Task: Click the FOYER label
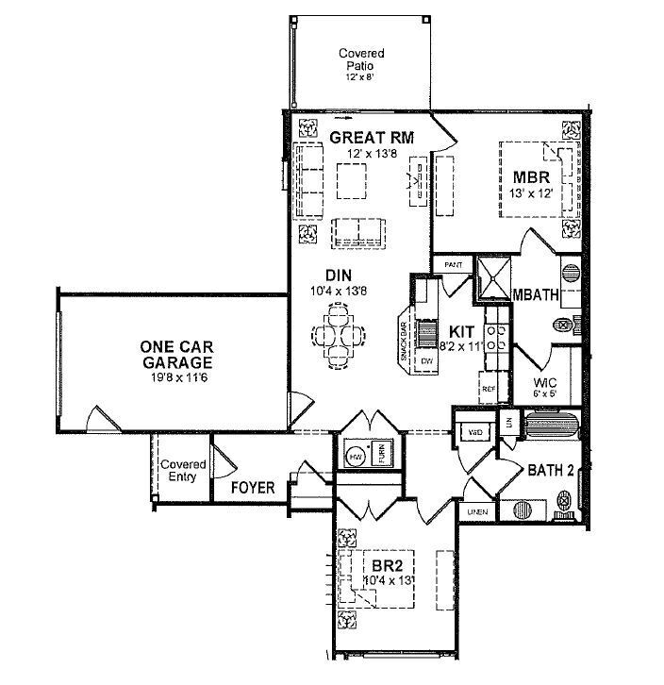coord(253,488)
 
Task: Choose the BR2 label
coord(382,567)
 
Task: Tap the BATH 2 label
coord(551,470)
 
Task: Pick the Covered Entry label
coord(183,471)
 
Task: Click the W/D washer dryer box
coord(475,431)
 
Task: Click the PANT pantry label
coord(452,265)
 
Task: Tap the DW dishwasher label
coord(426,361)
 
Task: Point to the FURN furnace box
coord(382,454)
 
